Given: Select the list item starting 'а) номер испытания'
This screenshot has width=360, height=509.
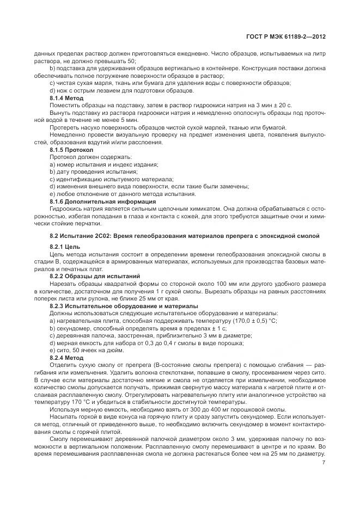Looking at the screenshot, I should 103,164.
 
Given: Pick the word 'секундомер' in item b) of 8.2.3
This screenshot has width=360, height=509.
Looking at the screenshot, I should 71,328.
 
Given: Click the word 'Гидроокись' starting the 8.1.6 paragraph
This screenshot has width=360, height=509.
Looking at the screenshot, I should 67,208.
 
